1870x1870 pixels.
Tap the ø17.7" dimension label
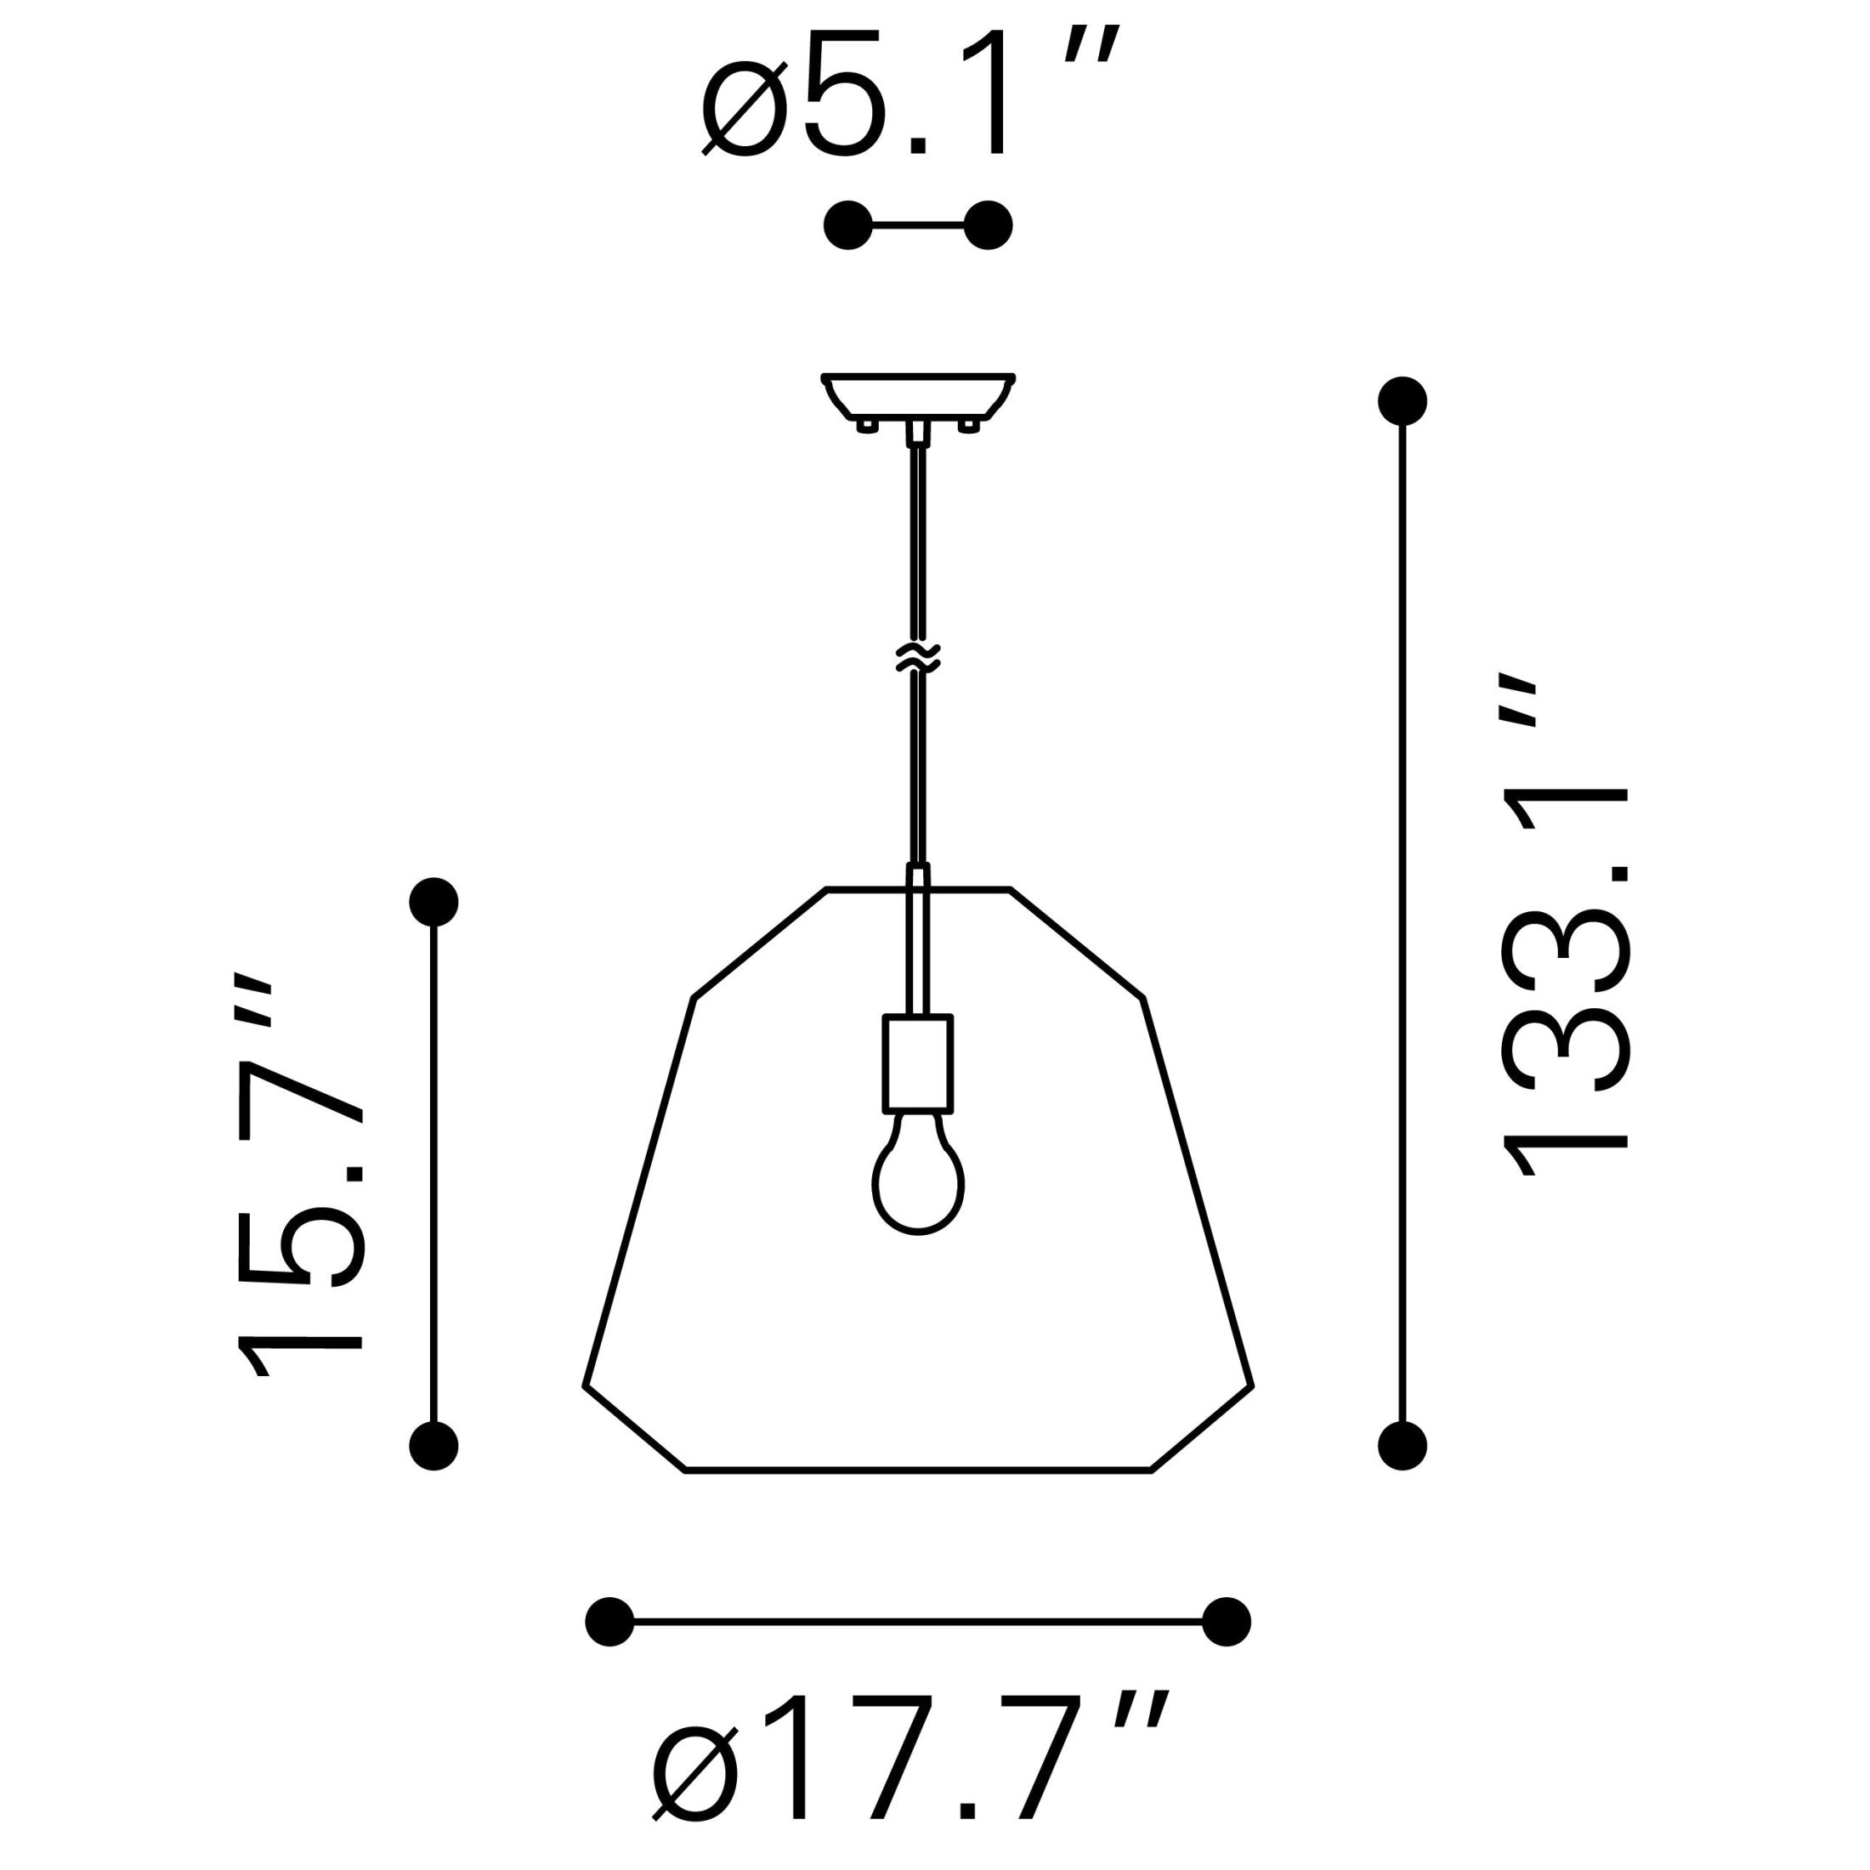(909, 1773)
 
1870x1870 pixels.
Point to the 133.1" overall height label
(1565, 923)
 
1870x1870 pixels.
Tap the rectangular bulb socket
(918, 1062)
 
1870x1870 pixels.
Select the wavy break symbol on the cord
(918, 656)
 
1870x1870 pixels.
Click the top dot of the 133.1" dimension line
(1402, 399)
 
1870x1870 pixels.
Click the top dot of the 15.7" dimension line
(433, 902)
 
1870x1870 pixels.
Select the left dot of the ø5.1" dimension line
(848, 225)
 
